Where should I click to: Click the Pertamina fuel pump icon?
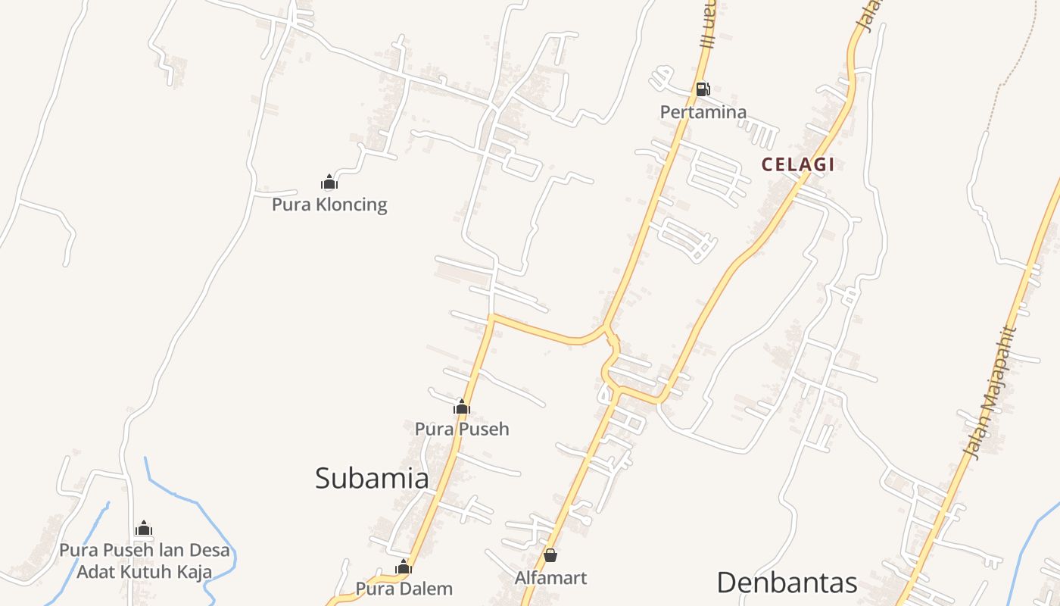tap(703, 89)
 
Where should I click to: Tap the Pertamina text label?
tap(703, 112)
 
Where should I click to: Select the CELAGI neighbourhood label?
tap(797, 164)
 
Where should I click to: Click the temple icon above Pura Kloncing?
tap(329, 182)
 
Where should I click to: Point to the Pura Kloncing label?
tap(329, 205)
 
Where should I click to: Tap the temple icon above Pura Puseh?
tap(461, 407)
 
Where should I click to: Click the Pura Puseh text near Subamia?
tap(462, 429)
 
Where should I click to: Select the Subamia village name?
tap(372, 478)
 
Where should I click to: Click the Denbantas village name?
tap(787, 583)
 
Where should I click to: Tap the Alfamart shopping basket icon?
tap(550, 556)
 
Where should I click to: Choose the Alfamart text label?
tap(550, 578)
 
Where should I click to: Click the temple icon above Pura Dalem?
tap(404, 567)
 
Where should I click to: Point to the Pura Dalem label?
tap(404, 589)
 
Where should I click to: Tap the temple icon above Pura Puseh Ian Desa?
tap(144, 528)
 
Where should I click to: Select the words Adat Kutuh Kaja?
tap(144, 571)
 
